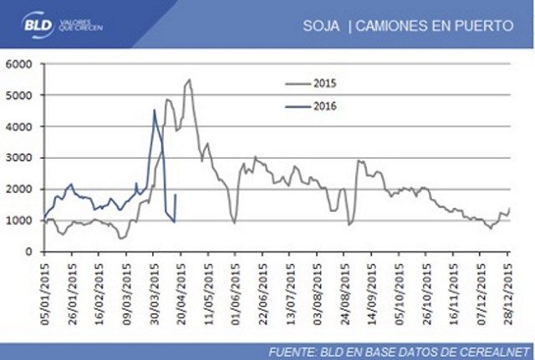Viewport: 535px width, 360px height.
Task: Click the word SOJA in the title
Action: click(321, 26)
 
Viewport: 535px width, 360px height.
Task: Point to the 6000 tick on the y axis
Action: click(19, 64)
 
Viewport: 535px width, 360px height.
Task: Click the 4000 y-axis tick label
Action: click(19, 127)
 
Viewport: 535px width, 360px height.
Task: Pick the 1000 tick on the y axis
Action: click(19, 221)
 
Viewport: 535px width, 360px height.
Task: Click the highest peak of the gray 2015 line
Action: click(189, 79)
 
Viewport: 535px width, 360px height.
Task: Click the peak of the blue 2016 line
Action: click(155, 110)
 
